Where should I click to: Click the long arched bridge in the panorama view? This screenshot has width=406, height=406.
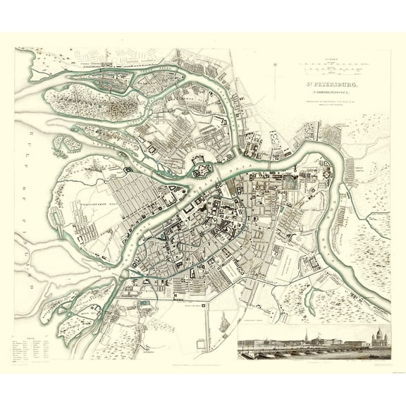(x=303, y=347)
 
